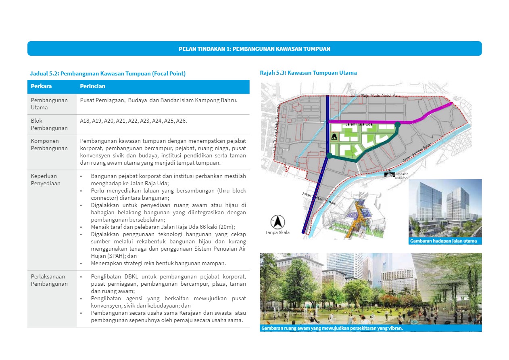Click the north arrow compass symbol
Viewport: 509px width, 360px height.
tap(277, 222)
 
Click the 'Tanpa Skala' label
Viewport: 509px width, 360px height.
tap(277, 232)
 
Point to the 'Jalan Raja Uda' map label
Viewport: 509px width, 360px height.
tap(359, 124)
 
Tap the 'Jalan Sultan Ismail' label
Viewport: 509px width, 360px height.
tap(318, 199)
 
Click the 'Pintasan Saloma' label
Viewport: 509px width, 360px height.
tap(401, 176)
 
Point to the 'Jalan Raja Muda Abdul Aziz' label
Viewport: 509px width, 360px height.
tap(376, 96)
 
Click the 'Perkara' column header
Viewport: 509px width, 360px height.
tap(41, 86)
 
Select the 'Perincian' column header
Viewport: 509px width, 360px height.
tap(92, 86)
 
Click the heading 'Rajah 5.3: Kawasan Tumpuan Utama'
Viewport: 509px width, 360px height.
tap(308, 73)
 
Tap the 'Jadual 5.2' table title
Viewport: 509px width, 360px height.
tap(108, 73)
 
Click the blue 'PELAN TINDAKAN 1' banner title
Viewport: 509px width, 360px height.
tap(255, 49)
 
